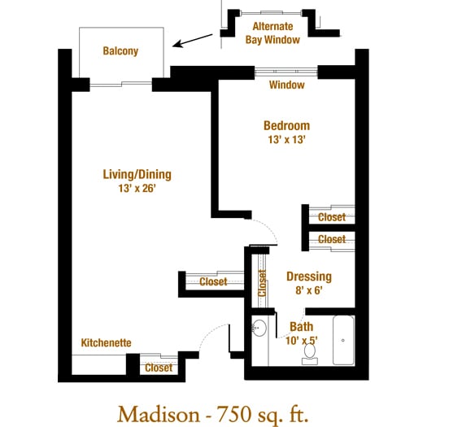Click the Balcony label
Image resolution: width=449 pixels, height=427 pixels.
[120, 51]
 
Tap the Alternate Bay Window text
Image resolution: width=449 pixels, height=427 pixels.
[272, 33]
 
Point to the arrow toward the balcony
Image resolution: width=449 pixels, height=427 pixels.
[193, 41]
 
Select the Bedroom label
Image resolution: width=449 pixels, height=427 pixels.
[286, 126]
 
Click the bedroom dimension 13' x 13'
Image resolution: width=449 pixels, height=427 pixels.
[286, 139]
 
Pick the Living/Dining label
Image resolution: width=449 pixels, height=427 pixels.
[137, 175]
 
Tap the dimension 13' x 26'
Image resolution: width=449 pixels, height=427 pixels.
[137, 188]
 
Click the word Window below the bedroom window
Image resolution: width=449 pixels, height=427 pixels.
[286, 85]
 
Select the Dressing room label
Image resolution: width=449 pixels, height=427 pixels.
[309, 277]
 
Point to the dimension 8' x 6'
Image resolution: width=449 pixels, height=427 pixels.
[309, 290]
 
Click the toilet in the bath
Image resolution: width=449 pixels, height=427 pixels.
[310, 354]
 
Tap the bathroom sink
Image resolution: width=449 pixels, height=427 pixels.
[259, 328]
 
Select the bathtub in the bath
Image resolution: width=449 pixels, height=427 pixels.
[343, 340]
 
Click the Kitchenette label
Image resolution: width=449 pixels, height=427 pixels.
[107, 342]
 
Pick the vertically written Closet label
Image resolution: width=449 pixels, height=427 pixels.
[262, 283]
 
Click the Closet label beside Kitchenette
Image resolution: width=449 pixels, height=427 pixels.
[159, 368]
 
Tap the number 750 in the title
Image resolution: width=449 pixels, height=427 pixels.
[233, 414]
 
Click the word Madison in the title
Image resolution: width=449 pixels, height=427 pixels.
[159, 415]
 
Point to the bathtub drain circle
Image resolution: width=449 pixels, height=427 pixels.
[342, 340]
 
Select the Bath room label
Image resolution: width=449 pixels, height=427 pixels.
[301, 326]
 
